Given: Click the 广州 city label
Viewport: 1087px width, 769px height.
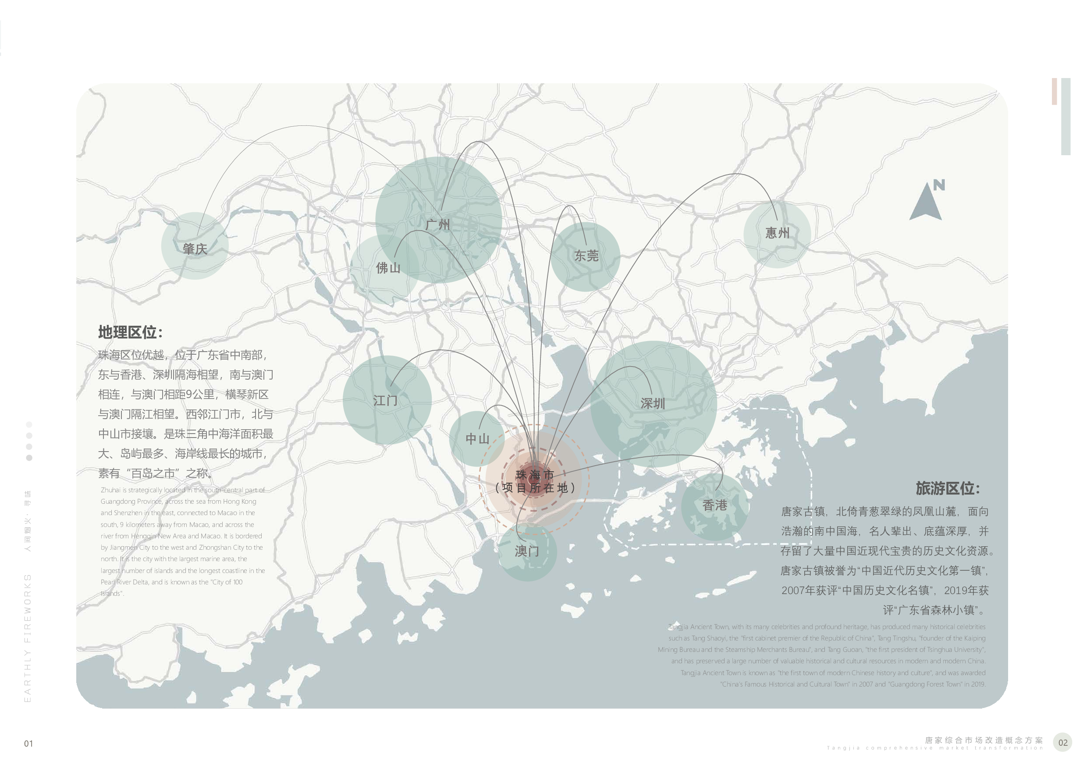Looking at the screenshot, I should (437, 224).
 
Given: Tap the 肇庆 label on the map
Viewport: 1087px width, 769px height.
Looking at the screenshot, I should (195, 249).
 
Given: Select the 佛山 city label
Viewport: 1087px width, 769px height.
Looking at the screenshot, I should (388, 268).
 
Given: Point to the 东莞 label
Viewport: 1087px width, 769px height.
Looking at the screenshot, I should (586, 256).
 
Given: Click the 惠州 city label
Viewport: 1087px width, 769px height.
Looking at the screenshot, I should (778, 232).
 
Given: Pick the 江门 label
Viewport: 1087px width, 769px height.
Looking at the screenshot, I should (385, 401).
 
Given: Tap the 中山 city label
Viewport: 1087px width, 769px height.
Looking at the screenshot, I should (477, 439).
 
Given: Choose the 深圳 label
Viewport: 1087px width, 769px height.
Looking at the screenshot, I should (653, 403).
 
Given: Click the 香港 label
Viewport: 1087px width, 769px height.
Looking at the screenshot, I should (714, 505).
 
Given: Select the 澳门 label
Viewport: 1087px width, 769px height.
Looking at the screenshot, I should (526, 551).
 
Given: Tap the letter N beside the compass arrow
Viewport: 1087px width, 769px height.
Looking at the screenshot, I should (939, 185).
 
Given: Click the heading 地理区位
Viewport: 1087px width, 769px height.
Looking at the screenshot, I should (130, 332).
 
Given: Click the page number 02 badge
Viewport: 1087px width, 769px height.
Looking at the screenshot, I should (1063, 743).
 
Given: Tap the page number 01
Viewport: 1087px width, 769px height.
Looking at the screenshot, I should (28, 744).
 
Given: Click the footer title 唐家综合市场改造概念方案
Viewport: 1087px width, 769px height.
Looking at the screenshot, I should (984, 740).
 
